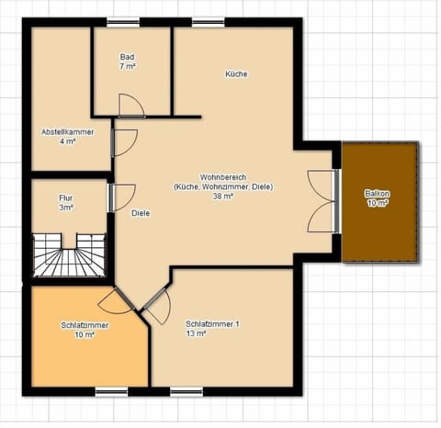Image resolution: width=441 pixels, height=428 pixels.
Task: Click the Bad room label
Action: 127,57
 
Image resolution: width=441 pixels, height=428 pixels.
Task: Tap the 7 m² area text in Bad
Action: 127,67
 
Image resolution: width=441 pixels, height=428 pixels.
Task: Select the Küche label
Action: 236,74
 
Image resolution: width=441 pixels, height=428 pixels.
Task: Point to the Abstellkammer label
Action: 67,132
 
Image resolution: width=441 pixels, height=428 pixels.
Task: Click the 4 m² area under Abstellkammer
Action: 67,142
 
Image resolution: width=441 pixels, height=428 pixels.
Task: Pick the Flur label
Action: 66,197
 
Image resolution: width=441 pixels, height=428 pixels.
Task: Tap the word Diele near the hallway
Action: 141,213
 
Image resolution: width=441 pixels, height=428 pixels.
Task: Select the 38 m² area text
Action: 222,196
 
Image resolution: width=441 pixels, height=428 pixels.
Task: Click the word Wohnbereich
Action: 222,176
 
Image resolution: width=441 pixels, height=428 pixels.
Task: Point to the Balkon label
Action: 377,194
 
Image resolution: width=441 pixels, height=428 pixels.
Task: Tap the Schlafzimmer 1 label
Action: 212,324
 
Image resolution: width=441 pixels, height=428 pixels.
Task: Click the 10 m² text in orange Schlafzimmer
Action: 85,335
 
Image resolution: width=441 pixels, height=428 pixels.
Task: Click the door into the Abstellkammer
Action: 123,142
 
